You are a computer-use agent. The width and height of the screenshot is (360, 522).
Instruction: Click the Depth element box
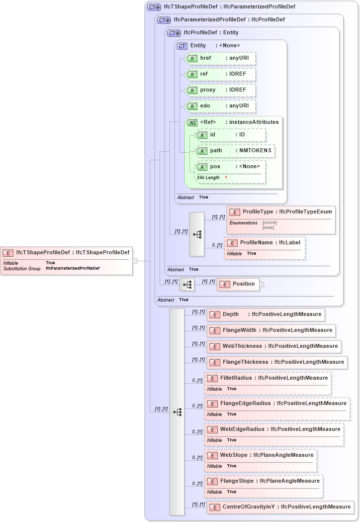point(266,314)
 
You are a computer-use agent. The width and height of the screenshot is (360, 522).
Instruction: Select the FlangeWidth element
point(270,330)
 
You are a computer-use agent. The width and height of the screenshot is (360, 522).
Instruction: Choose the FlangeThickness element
point(276,362)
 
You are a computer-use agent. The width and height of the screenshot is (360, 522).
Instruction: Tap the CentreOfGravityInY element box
point(280,507)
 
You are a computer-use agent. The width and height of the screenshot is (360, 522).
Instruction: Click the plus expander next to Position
point(262,285)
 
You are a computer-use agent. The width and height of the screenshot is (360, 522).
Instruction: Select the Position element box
point(238,284)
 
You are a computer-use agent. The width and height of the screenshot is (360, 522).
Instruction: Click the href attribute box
point(220,58)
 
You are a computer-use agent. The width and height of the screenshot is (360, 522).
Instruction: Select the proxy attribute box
point(220,90)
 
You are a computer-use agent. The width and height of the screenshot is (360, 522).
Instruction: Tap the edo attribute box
point(220,106)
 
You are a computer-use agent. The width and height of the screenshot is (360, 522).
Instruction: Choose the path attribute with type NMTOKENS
point(234,151)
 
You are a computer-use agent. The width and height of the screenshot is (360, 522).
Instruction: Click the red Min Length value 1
point(226,178)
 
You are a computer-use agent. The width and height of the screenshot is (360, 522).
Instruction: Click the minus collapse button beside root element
point(134,260)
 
